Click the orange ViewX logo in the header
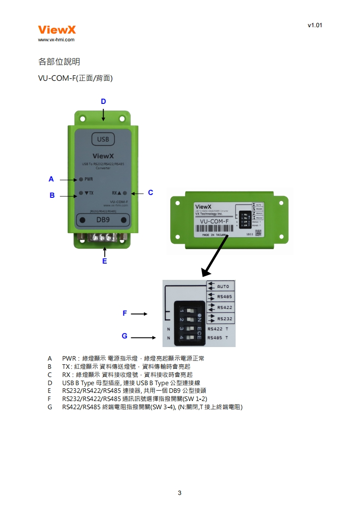point(57,30)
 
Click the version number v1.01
point(315,25)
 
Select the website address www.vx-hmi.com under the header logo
point(56,40)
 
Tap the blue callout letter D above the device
point(104,102)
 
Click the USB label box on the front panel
point(103,139)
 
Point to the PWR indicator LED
point(81,179)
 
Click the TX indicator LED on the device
point(81,193)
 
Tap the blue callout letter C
point(151,193)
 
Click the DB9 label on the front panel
point(103,220)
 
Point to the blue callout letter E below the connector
point(104,261)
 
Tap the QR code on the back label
point(258,233)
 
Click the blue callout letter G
point(124,336)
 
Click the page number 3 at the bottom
point(180,493)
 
